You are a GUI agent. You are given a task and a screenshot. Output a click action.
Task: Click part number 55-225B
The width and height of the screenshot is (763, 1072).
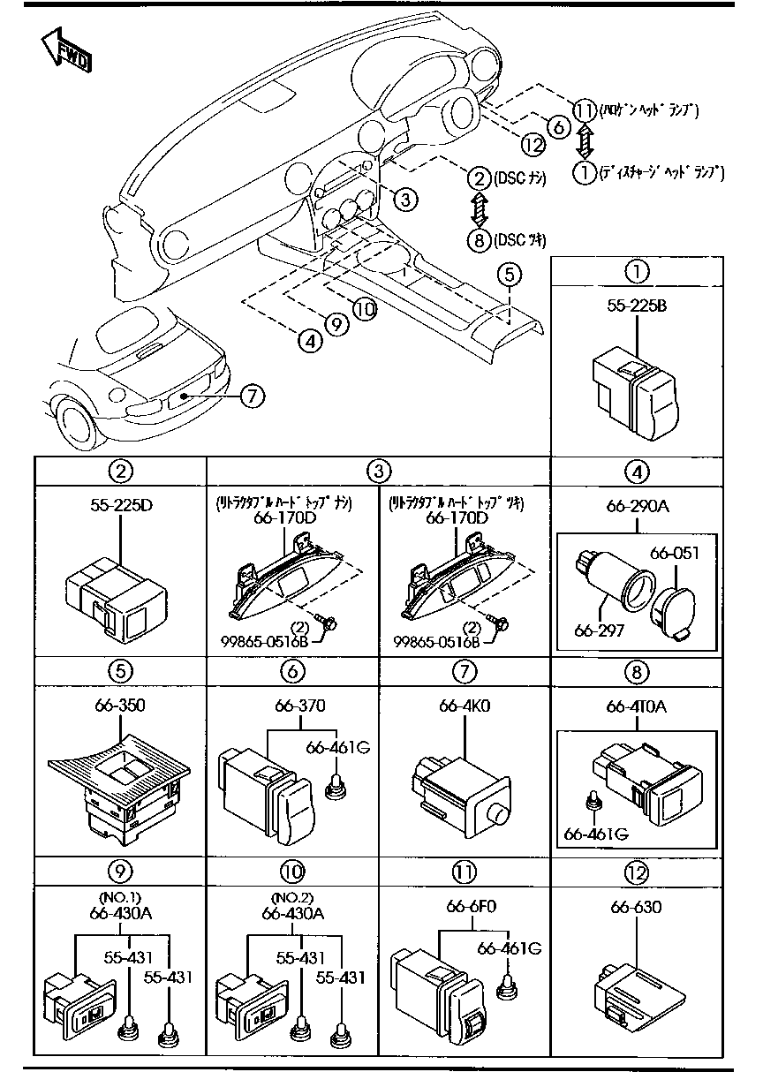pyautogui.click(x=636, y=306)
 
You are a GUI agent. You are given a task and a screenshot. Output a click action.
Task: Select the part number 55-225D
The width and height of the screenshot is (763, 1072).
pyautogui.click(x=121, y=507)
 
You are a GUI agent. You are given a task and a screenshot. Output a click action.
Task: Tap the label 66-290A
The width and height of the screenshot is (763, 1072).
pyautogui.click(x=638, y=507)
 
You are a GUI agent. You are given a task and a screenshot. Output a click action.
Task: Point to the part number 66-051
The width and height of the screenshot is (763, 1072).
pyautogui.click(x=675, y=554)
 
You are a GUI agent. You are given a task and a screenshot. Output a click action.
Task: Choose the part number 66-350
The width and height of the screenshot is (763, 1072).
pyautogui.click(x=121, y=706)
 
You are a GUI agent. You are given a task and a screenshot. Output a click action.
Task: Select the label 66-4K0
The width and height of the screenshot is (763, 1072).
pyautogui.click(x=465, y=706)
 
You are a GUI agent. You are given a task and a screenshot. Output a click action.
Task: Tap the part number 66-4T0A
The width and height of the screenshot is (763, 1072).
pyautogui.click(x=638, y=706)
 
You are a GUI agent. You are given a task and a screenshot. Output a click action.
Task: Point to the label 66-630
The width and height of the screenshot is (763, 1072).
pyautogui.click(x=636, y=908)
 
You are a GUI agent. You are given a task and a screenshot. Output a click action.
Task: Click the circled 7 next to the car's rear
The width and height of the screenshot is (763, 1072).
pyautogui.click(x=252, y=396)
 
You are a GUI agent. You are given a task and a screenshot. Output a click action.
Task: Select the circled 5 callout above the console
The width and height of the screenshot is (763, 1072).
pyautogui.click(x=508, y=275)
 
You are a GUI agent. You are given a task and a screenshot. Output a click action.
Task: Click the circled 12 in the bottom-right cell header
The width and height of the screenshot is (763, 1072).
pyautogui.click(x=636, y=871)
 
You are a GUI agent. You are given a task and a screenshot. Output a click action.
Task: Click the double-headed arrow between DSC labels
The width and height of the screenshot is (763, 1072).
pyautogui.click(x=478, y=209)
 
